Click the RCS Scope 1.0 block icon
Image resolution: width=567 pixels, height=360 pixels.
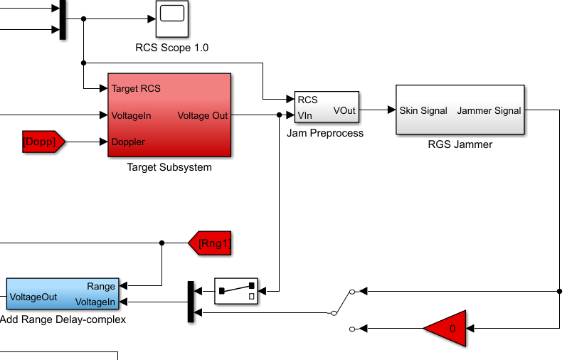point(172,18)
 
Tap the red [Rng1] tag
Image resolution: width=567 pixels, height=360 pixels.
point(210,243)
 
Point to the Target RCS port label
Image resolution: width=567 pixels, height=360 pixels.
point(136,89)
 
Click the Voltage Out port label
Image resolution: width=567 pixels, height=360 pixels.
point(203,116)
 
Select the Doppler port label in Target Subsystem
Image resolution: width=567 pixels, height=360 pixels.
point(128,142)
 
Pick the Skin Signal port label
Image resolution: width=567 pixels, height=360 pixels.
point(423,111)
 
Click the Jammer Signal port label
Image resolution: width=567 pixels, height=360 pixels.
point(489,111)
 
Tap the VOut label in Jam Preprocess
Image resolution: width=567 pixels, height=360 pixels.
point(344,111)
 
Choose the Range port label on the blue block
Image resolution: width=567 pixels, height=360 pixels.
point(101,287)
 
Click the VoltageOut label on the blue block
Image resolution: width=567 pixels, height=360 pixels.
point(33,297)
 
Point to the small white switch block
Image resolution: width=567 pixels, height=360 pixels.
point(236,291)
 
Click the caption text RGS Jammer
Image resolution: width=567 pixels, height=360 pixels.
point(460,144)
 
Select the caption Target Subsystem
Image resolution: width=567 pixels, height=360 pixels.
point(169,167)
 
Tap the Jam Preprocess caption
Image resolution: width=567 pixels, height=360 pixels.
point(325,133)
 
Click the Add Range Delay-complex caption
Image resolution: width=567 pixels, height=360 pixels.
point(63,319)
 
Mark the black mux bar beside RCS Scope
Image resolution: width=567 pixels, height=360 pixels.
point(63,19)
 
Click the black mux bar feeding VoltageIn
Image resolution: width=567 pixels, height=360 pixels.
point(191,302)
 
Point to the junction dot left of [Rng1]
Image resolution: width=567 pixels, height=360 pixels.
point(161,243)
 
